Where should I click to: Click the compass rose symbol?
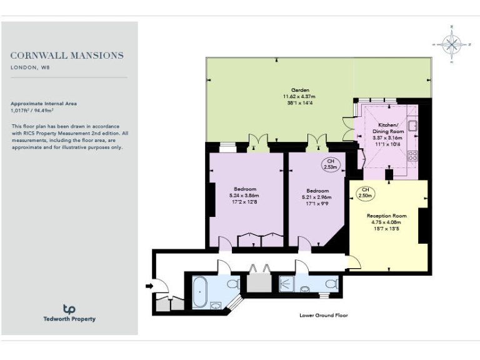pos(451,44)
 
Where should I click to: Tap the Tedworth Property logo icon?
pos(69,309)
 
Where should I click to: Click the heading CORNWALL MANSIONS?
pos(67,56)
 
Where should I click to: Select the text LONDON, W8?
pos(30,67)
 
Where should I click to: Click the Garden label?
pos(299,90)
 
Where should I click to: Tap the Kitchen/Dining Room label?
pos(388,129)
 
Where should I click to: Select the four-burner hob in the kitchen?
pos(412,156)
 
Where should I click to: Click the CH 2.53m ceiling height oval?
pos(331,165)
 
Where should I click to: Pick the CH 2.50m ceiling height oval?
pos(366,192)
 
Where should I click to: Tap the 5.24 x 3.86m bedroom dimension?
pos(245,196)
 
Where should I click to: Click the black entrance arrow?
pos(149,286)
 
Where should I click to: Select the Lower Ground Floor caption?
pos(323,316)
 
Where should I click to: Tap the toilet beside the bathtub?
pos(232,284)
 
